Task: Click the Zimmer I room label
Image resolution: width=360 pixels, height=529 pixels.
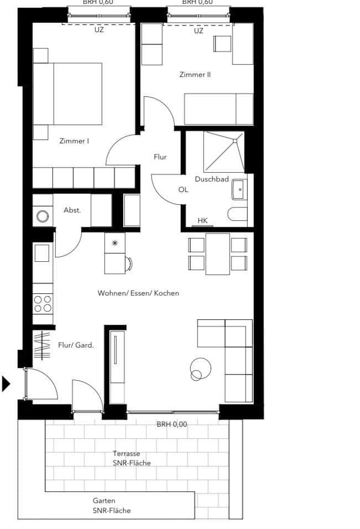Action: pos(74,141)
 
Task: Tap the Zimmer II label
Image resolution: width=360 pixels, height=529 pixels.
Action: pos(195,74)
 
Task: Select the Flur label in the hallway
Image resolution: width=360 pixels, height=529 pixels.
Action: pos(160,157)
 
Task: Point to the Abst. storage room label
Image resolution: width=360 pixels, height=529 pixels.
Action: pos(72,210)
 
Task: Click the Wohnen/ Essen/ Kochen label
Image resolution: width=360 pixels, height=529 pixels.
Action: pos(138,293)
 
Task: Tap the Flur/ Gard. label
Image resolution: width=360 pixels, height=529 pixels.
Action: pos(76,345)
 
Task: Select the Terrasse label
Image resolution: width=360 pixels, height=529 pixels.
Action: pos(127,454)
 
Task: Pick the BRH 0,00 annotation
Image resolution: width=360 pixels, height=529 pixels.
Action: pos(172,425)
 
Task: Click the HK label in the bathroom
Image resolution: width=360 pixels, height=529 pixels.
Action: pos(202,221)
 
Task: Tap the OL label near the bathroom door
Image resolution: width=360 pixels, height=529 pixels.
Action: pos(183,189)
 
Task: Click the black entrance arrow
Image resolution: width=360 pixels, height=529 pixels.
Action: pos(6,383)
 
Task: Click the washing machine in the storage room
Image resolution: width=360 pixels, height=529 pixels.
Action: pos(43,216)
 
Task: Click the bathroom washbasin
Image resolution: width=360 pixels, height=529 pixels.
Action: pos(239,189)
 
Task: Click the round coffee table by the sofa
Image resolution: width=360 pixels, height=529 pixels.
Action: pos(200,367)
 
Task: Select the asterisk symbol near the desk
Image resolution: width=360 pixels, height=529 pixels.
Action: pos(114,243)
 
